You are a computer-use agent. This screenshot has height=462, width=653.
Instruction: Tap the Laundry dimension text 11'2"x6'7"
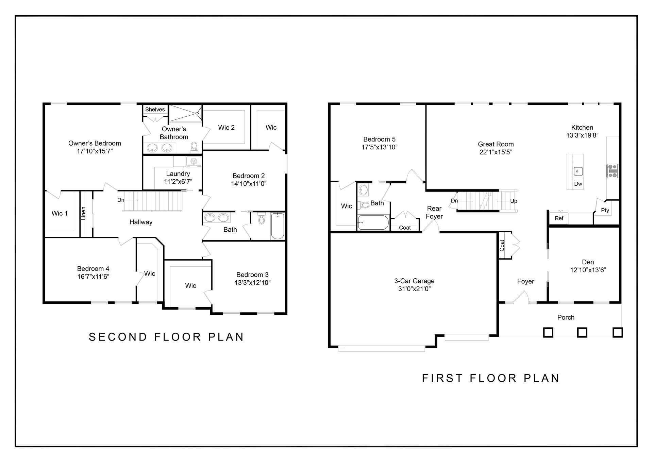[178, 182]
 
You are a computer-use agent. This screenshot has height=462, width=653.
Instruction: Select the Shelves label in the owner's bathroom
[155, 110]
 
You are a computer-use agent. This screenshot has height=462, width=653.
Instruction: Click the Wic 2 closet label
[226, 128]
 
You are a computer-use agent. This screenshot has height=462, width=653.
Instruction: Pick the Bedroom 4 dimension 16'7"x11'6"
[93, 277]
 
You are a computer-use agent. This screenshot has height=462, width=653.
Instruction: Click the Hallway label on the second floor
[141, 222]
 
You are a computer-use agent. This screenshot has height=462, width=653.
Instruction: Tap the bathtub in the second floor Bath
[278, 226]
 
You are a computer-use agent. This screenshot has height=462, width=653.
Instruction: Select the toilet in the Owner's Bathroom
[194, 147]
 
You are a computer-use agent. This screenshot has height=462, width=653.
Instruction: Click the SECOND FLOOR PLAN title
[166, 337]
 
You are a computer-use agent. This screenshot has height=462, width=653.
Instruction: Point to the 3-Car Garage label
[414, 281]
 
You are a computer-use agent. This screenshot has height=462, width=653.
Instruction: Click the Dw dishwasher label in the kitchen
[578, 184]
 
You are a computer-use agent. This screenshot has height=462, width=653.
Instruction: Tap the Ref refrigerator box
[559, 218]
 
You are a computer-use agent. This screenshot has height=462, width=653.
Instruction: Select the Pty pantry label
[605, 210]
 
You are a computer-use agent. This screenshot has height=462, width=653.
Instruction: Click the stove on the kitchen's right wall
[613, 171]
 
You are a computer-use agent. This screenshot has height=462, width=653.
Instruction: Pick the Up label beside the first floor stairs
[514, 201]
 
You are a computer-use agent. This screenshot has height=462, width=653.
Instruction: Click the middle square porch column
[582, 332]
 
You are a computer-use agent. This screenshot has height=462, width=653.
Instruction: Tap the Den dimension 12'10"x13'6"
[588, 270]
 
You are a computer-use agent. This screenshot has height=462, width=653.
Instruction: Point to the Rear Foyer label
[434, 212]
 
